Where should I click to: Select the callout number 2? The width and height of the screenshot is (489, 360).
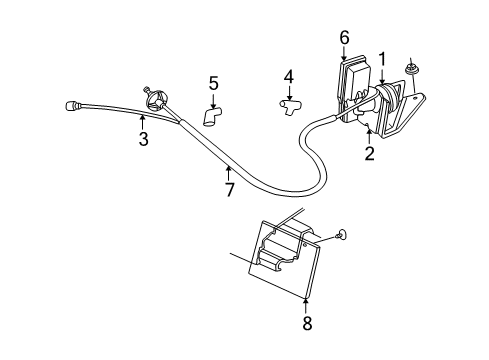click(368, 153)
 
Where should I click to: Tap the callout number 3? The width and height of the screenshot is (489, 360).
click(143, 139)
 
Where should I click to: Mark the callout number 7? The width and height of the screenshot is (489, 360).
click(228, 189)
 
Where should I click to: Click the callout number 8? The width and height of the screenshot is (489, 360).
click(307, 322)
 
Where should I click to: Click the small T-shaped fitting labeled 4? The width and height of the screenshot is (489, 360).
click(291, 103)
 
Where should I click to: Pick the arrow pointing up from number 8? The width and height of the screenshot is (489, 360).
click(307, 300)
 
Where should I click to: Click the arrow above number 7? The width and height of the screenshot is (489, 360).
click(228, 172)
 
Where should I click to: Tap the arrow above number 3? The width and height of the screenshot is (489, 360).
click(143, 121)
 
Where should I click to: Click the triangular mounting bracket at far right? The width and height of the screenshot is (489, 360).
click(410, 110)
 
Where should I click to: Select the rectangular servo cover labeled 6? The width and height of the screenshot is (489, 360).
click(355, 80)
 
